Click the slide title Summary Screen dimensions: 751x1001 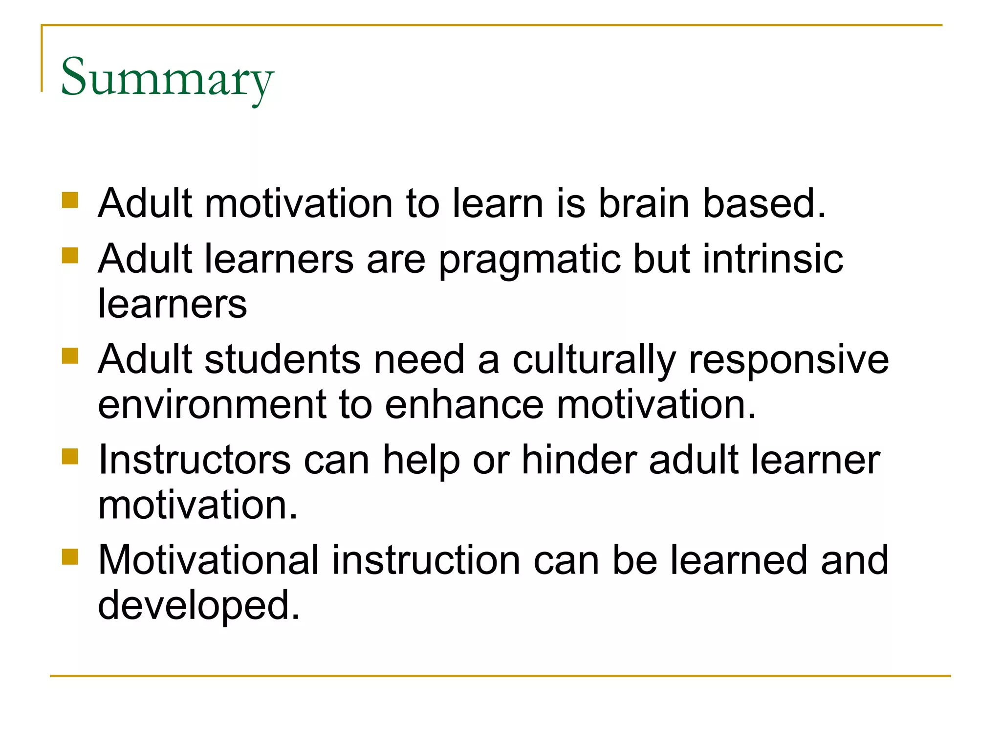coord(167,78)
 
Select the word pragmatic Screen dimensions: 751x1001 coord(529,260)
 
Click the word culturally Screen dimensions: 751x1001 coord(594,361)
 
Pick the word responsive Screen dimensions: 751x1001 coord(788,361)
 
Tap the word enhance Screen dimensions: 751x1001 coord(464,405)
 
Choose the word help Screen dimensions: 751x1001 coord(421,461)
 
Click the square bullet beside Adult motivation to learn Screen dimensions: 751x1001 coord(70,200)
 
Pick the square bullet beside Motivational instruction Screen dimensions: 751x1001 coord(70,556)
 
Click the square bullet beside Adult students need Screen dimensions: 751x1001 coord(70,356)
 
